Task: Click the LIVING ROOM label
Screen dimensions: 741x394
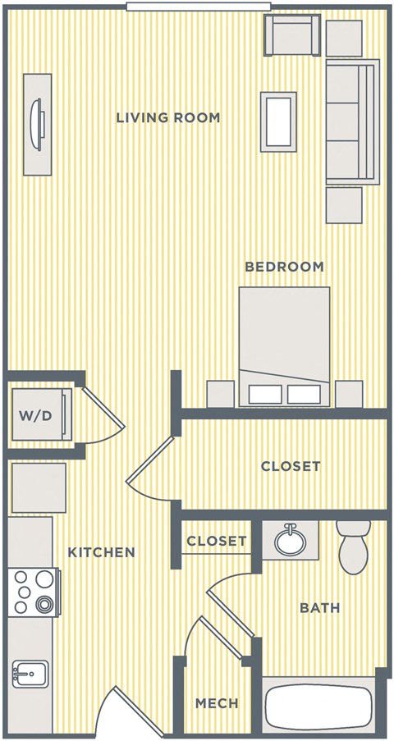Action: [168, 118]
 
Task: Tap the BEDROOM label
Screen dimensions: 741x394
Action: [284, 267]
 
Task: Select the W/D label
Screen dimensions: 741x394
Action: [36, 415]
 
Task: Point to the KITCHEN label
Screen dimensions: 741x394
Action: [101, 552]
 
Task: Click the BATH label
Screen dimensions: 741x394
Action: [319, 608]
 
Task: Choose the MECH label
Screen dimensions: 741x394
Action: [217, 703]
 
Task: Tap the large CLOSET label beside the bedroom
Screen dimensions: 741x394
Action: [291, 466]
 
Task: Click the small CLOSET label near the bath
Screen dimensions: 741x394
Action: [216, 541]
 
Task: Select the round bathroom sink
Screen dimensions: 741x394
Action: [289, 540]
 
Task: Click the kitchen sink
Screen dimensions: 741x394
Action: [30, 674]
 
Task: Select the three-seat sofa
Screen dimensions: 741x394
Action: [351, 121]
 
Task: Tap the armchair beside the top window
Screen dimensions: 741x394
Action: [291, 34]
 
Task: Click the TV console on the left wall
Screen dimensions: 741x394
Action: [37, 124]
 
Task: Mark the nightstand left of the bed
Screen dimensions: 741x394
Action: [220, 394]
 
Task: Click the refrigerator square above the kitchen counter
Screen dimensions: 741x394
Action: [38, 487]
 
